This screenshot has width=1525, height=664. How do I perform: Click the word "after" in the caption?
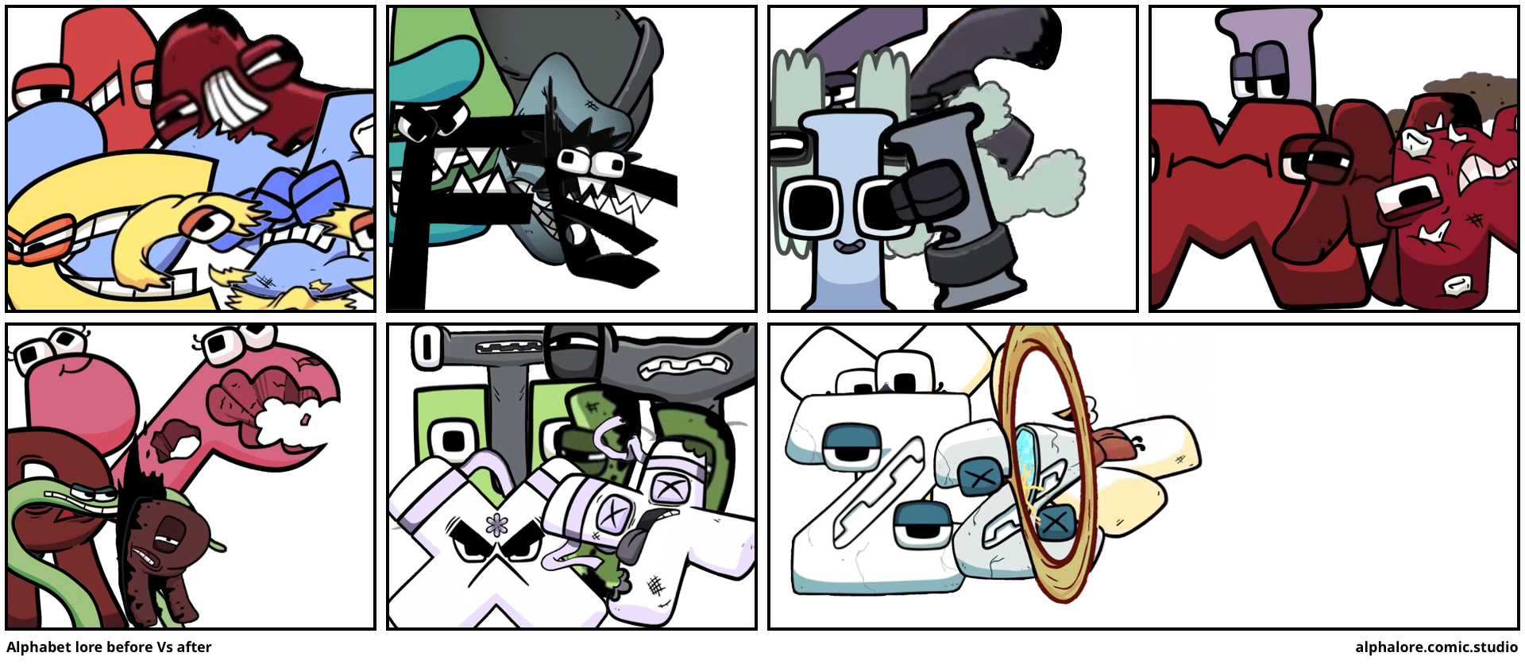tap(194, 647)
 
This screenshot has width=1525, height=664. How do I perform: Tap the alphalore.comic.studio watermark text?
tap(1436, 647)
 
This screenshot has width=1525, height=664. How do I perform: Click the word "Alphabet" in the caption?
tap(38, 647)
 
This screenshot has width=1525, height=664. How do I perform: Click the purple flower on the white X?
tap(498, 525)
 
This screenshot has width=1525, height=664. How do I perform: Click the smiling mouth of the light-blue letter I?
tap(849, 247)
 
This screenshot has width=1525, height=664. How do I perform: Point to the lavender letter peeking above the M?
tap(1268, 56)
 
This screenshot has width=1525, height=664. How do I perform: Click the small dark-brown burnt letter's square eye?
tap(169, 526)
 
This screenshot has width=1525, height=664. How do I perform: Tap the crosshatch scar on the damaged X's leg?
tap(655, 586)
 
